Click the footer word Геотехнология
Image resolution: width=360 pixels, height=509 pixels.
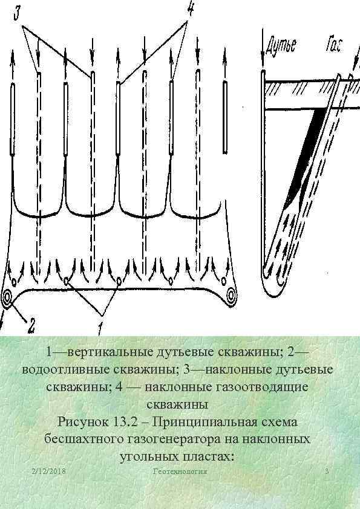tap(180, 470)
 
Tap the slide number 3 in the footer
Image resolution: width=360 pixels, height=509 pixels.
tap(327, 470)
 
